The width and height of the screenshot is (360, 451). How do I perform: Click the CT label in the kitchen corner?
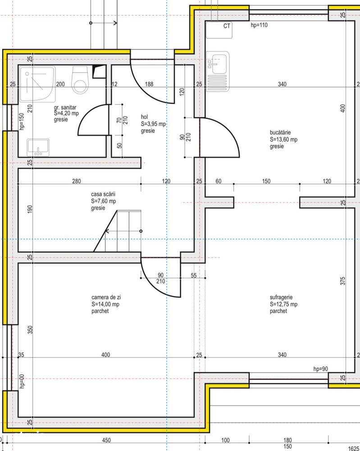227,26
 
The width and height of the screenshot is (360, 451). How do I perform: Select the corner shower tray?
38,84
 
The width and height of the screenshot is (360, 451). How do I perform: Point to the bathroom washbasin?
38,147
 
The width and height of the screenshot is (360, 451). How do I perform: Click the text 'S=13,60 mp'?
284,139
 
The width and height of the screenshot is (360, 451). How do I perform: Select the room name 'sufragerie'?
282,298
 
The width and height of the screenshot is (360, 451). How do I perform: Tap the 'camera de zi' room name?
106,298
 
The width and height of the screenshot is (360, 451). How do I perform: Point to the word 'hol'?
145,117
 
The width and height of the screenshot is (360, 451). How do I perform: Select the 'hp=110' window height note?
259,25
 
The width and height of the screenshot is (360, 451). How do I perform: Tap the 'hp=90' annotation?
320,369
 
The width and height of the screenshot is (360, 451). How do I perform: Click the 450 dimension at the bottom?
106,441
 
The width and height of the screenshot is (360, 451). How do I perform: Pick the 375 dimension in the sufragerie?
343,281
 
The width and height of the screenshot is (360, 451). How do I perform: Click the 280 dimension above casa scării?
76,181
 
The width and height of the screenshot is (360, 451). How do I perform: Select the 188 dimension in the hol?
148,84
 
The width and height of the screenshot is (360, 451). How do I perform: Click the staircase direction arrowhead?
107,231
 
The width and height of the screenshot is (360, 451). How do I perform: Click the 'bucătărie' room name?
280,133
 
